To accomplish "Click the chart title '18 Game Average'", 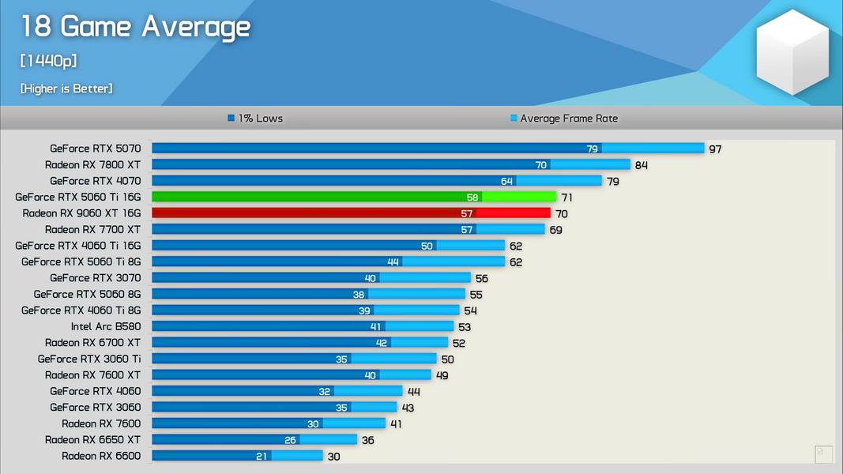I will pyautogui.click(x=135, y=27).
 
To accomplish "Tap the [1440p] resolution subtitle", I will pyautogui.click(x=48, y=61).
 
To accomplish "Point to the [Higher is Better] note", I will pyautogui.click(x=66, y=88).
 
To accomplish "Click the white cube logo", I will pyautogui.click(x=792, y=53).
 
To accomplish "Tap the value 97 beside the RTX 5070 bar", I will pyautogui.click(x=715, y=149).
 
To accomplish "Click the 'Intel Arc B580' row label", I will pyautogui.click(x=106, y=326).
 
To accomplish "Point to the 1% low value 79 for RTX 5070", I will pyautogui.click(x=592, y=149).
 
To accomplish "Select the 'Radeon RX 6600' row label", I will pyautogui.click(x=101, y=456).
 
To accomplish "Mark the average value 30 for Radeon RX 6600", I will pyautogui.click(x=333, y=456).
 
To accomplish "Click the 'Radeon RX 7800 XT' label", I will pyautogui.click(x=92, y=164).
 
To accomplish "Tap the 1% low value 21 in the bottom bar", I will pyautogui.click(x=262, y=456).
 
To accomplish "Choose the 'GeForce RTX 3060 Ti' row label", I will pyautogui.click(x=89, y=359).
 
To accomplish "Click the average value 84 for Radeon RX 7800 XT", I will pyautogui.click(x=642, y=165).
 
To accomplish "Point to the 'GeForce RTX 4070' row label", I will pyautogui.click(x=95, y=181).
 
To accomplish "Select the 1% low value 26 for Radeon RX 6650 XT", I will pyautogui.click(x=290, y=440).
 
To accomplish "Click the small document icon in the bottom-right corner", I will pyautogui.click(x=823, y=454).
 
